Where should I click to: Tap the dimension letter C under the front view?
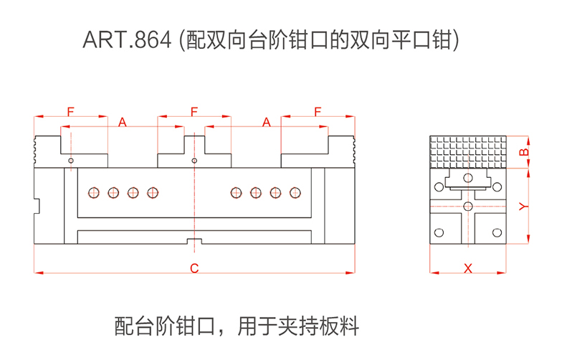click(194, 268)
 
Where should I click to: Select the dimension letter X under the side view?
click(468, 268)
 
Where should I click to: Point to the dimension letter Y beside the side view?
click(523, 207)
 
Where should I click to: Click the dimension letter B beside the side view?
click(523, 152)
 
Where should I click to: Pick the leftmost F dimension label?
click(70, 111)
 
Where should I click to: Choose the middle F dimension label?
click(194, 111)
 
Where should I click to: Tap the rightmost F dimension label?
click(318, 111)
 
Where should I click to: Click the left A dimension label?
click(122, 123)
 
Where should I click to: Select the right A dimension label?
click(266, 123)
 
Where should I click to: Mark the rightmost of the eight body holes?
click(295, 192)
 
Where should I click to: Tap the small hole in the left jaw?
click(70, 161)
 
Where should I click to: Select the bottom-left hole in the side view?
click(439, 232)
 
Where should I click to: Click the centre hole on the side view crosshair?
click(468, 207)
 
